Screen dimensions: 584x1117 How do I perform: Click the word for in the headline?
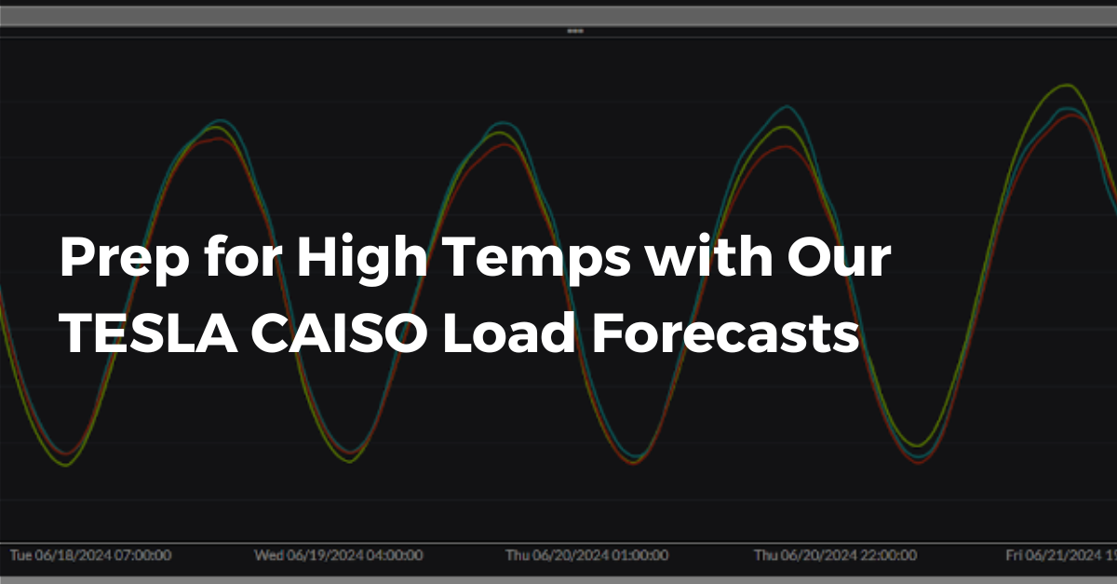[x=230, y=255]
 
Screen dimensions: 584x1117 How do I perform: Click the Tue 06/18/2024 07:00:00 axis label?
[x=90, y=555]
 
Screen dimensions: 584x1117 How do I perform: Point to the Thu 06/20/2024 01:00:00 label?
[x=586, y=555]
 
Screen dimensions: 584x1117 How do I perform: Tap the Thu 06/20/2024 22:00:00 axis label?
[x=835, y=555]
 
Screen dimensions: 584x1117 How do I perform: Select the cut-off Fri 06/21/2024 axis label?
[x=1061, y=555]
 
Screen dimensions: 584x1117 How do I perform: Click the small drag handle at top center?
[x=575, y=31]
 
